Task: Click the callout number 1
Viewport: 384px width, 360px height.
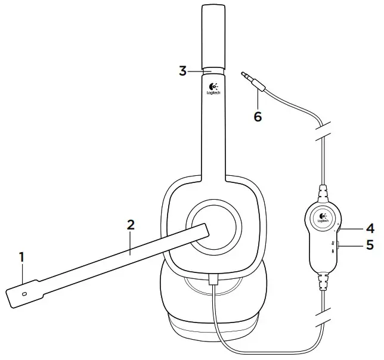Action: [x=21, y=257]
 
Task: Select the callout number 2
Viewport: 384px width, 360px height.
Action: [x=131, y=225]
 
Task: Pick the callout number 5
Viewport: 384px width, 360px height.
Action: [x=369, y=245]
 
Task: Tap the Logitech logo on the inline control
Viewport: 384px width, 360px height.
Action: [x=323, y=218]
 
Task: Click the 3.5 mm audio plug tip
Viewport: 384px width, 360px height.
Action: [x=244, y=75]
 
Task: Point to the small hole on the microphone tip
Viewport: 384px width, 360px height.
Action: [x=24, y=293]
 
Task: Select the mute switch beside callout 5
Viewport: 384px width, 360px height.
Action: [x=339, y=244]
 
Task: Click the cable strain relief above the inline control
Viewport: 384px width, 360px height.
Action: [x=323, y=193]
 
